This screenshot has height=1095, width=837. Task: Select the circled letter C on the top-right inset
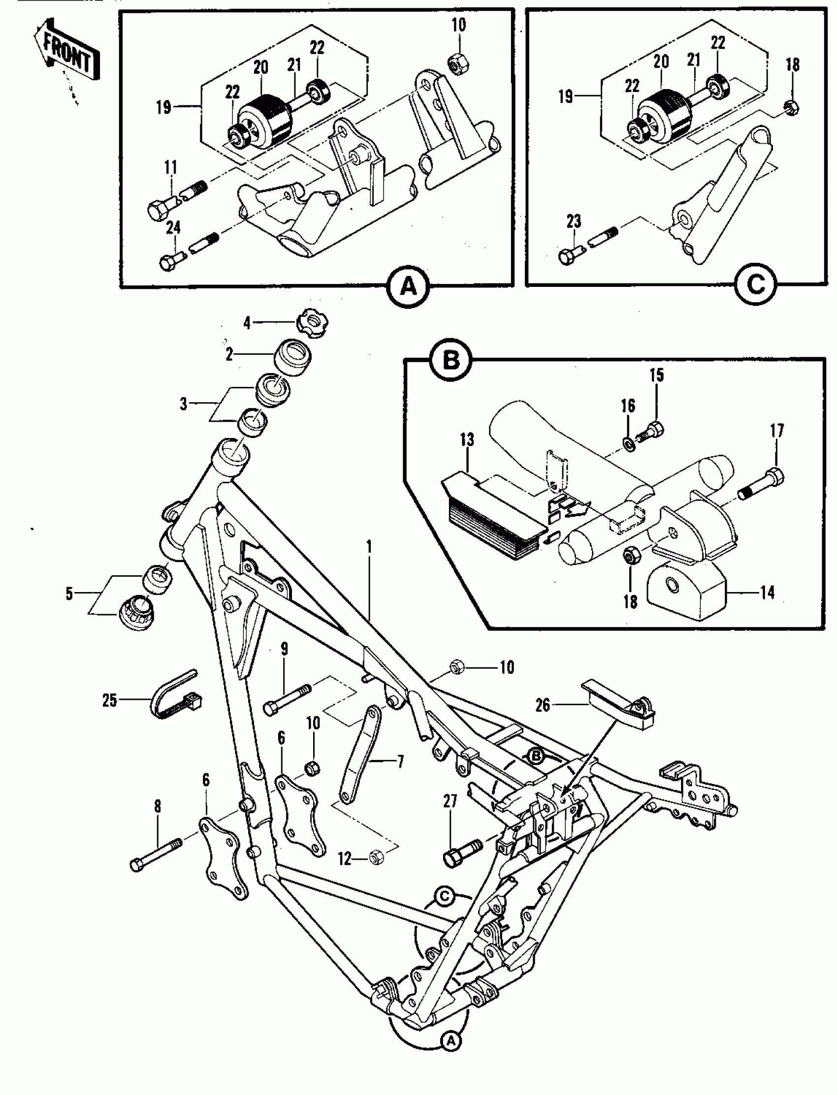tap(755, 285)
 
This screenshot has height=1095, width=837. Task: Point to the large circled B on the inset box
tap(451, 360)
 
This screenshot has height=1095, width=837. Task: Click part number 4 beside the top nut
tap(247, 323)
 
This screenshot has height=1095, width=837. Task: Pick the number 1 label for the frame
tap(369, 547)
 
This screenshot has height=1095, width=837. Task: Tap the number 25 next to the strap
tap(110, 700)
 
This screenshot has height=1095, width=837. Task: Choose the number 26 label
tap(543, 705)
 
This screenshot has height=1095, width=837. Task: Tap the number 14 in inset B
tap(767, 592)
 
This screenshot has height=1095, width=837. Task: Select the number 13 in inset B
tap(467, 439)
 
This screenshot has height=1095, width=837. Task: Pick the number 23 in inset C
tap(574, 221)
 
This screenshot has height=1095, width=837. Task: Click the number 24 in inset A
tap(173, 227)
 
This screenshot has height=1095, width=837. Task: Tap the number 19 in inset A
tap(163, 107)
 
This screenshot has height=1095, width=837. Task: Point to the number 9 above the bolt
tap(284, 649)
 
